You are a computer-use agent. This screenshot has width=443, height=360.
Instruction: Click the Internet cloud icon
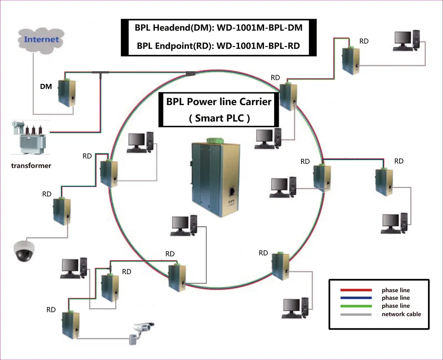pos(41,40)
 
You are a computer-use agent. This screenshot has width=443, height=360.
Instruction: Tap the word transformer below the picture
pos(31,166)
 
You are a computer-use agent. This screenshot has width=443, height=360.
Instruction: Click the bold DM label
pos(46,87)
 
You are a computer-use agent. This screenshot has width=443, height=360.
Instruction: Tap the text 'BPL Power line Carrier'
pos(219,102)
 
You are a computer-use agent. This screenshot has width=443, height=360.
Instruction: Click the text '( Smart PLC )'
pos(219,118)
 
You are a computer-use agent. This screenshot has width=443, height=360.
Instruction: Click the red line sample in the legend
pos(356,290)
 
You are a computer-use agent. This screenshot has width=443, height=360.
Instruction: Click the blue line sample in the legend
pos(356,298)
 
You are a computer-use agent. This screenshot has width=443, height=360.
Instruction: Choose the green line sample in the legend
pos(356,306)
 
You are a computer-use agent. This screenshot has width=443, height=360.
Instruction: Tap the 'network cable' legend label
pos(401,314)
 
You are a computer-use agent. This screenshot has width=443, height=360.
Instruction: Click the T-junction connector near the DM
pos(99,74)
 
